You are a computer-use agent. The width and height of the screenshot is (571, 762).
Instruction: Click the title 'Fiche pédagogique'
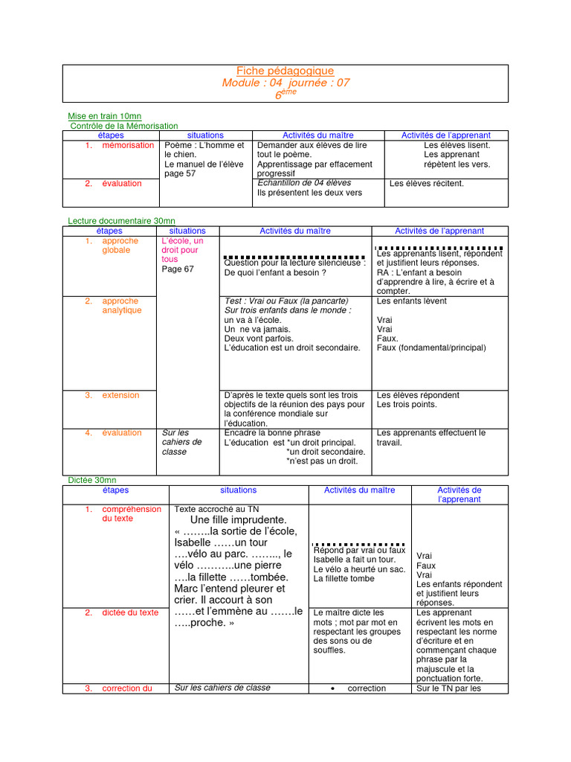click(285, 71)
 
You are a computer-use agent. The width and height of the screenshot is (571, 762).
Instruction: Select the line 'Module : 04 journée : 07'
click(285, 83)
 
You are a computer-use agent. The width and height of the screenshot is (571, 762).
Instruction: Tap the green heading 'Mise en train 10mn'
click(104, 116)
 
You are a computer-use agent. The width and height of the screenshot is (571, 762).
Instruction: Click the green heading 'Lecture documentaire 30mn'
click(121, 221)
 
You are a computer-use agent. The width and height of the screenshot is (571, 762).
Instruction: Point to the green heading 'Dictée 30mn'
click(91, 481)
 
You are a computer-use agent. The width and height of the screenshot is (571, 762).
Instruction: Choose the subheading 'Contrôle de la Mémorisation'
click(124, 126)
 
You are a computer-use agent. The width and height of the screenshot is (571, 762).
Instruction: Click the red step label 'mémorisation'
click(128, 145)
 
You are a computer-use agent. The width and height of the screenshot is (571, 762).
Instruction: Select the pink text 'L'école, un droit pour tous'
click(181, 250)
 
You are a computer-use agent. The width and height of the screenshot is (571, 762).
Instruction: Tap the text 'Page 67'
click(178, 269)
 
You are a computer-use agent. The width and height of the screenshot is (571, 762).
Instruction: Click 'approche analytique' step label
click(121, 305)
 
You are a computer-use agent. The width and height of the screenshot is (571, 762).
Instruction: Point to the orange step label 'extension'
click(120, 395)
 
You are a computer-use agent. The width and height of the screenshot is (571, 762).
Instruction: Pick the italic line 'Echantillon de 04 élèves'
click(304, 182)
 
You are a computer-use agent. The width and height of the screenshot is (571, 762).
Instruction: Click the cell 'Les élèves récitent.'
click(426, 183)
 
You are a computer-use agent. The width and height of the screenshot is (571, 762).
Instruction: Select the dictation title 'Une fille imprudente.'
click(238, 519)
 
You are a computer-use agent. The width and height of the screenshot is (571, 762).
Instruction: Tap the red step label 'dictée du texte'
click(130, 612)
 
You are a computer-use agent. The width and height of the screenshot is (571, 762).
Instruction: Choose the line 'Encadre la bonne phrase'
click(272, 432)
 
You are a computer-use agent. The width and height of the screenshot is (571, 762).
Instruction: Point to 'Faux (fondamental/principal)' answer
click(431, 348)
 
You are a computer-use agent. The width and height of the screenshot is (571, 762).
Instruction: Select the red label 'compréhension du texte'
click(131, 513)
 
